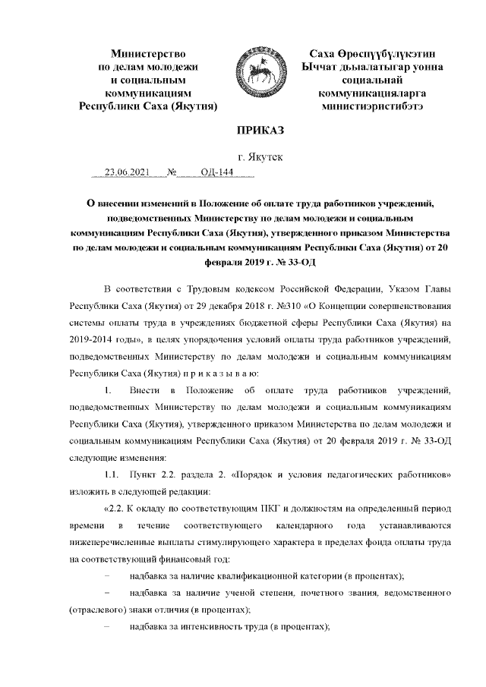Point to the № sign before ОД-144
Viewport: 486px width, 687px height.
(172, 172)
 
